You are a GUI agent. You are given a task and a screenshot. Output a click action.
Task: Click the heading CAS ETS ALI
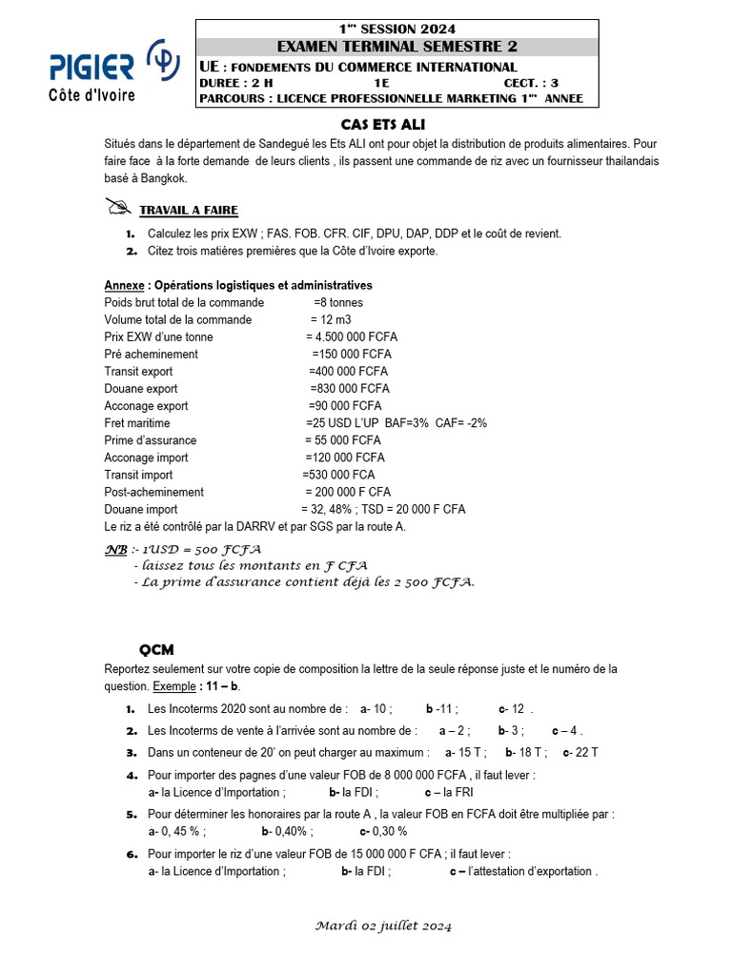[x=383, y=124]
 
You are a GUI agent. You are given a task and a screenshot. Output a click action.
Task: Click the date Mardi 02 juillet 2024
[x=382, y=925]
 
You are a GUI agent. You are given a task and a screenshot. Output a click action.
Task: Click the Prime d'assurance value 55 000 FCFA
[x=343, y=440]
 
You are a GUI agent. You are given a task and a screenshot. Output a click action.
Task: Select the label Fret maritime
[x=137, y=423]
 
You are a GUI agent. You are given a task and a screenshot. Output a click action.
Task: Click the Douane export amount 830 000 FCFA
[x=350, y=389]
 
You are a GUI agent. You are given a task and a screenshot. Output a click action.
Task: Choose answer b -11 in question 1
[x=442, y=709]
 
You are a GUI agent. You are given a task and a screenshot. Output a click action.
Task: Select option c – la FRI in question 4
[x=449, y=792]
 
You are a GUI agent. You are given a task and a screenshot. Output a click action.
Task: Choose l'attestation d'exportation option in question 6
[x=523, y=871]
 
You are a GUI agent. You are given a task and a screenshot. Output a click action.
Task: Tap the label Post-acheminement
[x=154, y=492]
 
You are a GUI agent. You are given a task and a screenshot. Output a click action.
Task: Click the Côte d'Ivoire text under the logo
[x=91, y=95]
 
